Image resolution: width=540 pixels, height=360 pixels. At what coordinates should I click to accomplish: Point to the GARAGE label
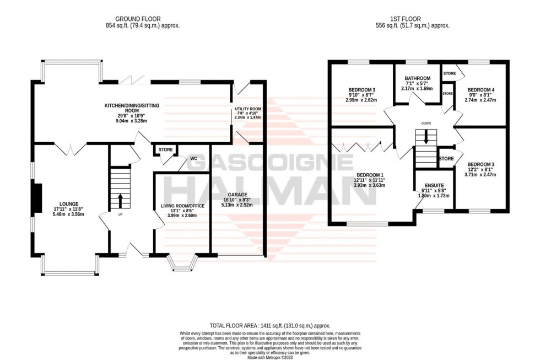pyautogui.click(x=237, y=195)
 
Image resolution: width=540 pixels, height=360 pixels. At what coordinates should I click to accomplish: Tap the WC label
pyautogui.click(x=193, y=158)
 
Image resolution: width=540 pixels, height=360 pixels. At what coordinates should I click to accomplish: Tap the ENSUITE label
pyautogui.click(x=434, y=185)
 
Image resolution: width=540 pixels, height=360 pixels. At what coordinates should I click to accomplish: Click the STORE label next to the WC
pyautogui.click(x=166, y=149)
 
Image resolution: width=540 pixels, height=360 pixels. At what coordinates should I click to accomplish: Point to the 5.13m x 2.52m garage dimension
pyautogui.click(x=237, y=205)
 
